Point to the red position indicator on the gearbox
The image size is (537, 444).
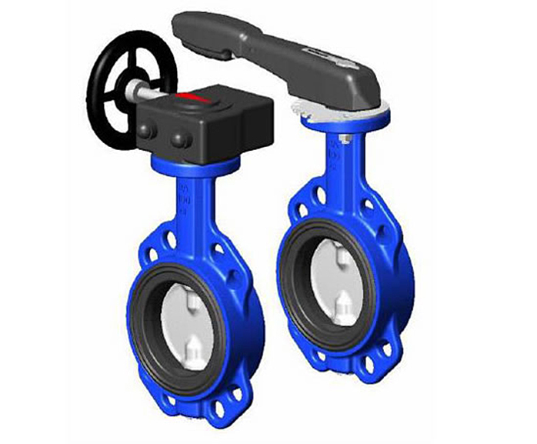tap(192, 98)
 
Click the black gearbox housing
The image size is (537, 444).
tap(208, 123)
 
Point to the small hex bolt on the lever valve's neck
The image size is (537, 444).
tap(345, 139)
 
